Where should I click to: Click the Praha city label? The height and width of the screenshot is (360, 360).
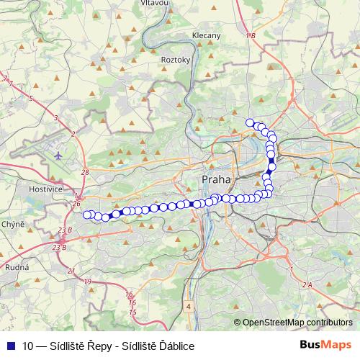coord(216,179)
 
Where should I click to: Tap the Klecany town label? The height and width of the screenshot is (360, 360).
coord(207,35)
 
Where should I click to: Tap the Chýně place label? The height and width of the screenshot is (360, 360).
coord(13,225)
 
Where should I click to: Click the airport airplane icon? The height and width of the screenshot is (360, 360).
coord(58,154)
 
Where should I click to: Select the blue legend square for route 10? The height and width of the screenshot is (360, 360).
coord(10,346)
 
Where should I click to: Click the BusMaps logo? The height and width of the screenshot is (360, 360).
coord(325,345)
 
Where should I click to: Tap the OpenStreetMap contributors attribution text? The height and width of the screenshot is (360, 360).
coord(298,323)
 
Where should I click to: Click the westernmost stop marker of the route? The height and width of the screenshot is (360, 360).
coord(88,215)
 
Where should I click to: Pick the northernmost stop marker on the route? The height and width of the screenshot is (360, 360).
coord(251,123)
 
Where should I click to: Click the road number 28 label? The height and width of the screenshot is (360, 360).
coord(85,173)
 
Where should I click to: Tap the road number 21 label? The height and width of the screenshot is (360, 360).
coord(71,271)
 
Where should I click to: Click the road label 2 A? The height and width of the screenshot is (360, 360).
coord(307,285)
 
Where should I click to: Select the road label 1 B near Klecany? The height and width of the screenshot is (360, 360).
coord(250,35)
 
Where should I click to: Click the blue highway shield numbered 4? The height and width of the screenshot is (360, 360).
coord(189,306)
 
